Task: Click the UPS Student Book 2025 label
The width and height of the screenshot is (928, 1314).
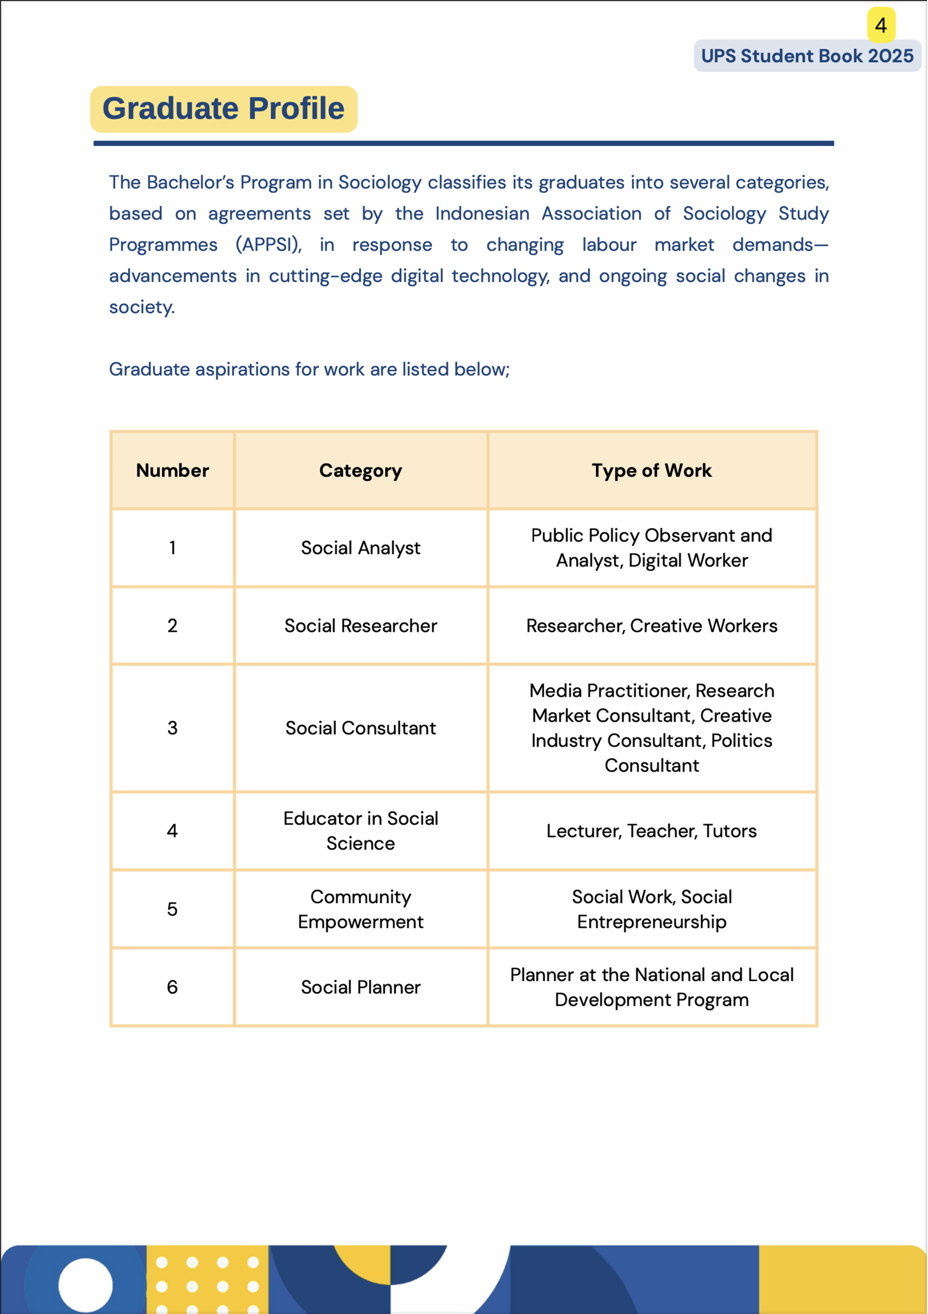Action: [x=807, y=56]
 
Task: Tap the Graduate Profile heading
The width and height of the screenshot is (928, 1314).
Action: [x=224, y=109]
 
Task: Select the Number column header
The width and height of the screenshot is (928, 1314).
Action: [x=172, y=471]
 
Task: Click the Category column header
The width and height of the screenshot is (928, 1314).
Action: [x=361, y=471]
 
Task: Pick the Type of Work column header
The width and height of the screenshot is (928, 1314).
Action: [x=651, y=471]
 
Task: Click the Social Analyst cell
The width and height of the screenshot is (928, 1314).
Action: [x=361, y=548]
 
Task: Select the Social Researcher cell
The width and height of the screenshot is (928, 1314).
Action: [x=361, y=626]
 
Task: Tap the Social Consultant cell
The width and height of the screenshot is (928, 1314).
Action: [x=361, y=728]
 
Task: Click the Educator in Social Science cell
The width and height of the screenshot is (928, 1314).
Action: [x=361, y=830]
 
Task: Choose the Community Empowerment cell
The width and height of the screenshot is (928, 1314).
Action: [x=361, y=909]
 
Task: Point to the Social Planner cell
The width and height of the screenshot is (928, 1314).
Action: [x=361, y=987]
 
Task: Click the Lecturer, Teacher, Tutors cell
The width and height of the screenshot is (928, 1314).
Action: [x=651, y=830]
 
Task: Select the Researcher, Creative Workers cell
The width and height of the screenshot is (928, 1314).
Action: [x=651, y=626]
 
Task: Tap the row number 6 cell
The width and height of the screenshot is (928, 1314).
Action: [x=172, y=987]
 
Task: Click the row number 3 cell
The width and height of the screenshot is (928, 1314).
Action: [x=172, y=728]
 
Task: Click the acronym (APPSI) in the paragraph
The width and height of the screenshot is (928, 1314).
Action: [x=268, y=245]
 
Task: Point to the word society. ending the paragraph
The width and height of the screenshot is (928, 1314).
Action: [x=142, y=307]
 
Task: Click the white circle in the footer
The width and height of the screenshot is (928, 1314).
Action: [x=85, y=1284]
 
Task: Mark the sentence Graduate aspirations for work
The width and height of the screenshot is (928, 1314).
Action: [x=309, y=369]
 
